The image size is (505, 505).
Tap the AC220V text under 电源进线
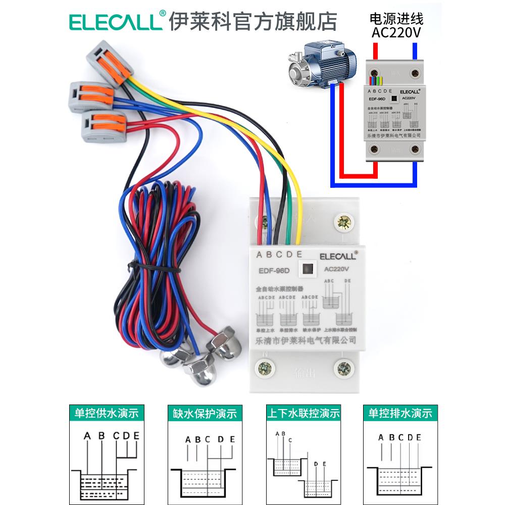click(x=396, y=33)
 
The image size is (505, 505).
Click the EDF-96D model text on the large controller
click(x=274, y=270)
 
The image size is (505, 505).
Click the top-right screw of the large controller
click(x=345, y=221)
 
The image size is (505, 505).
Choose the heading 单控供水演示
click(x=107, y=413)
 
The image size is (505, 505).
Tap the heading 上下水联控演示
click(x=303, y=414)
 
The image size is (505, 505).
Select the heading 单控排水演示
click(x=399, y=413)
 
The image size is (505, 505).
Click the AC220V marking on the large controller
click(x=337, y=269)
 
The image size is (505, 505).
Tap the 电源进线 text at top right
click(x=396, y=19)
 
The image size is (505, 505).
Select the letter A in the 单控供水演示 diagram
click(x=87, y=435)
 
